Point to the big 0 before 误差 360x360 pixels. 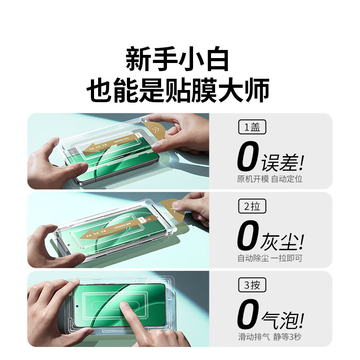tap(248, 157)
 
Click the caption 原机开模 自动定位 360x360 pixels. tap(270, 179)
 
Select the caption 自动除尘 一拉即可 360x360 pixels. tap(270, 258)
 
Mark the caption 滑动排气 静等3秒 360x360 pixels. tap(270, 337)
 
